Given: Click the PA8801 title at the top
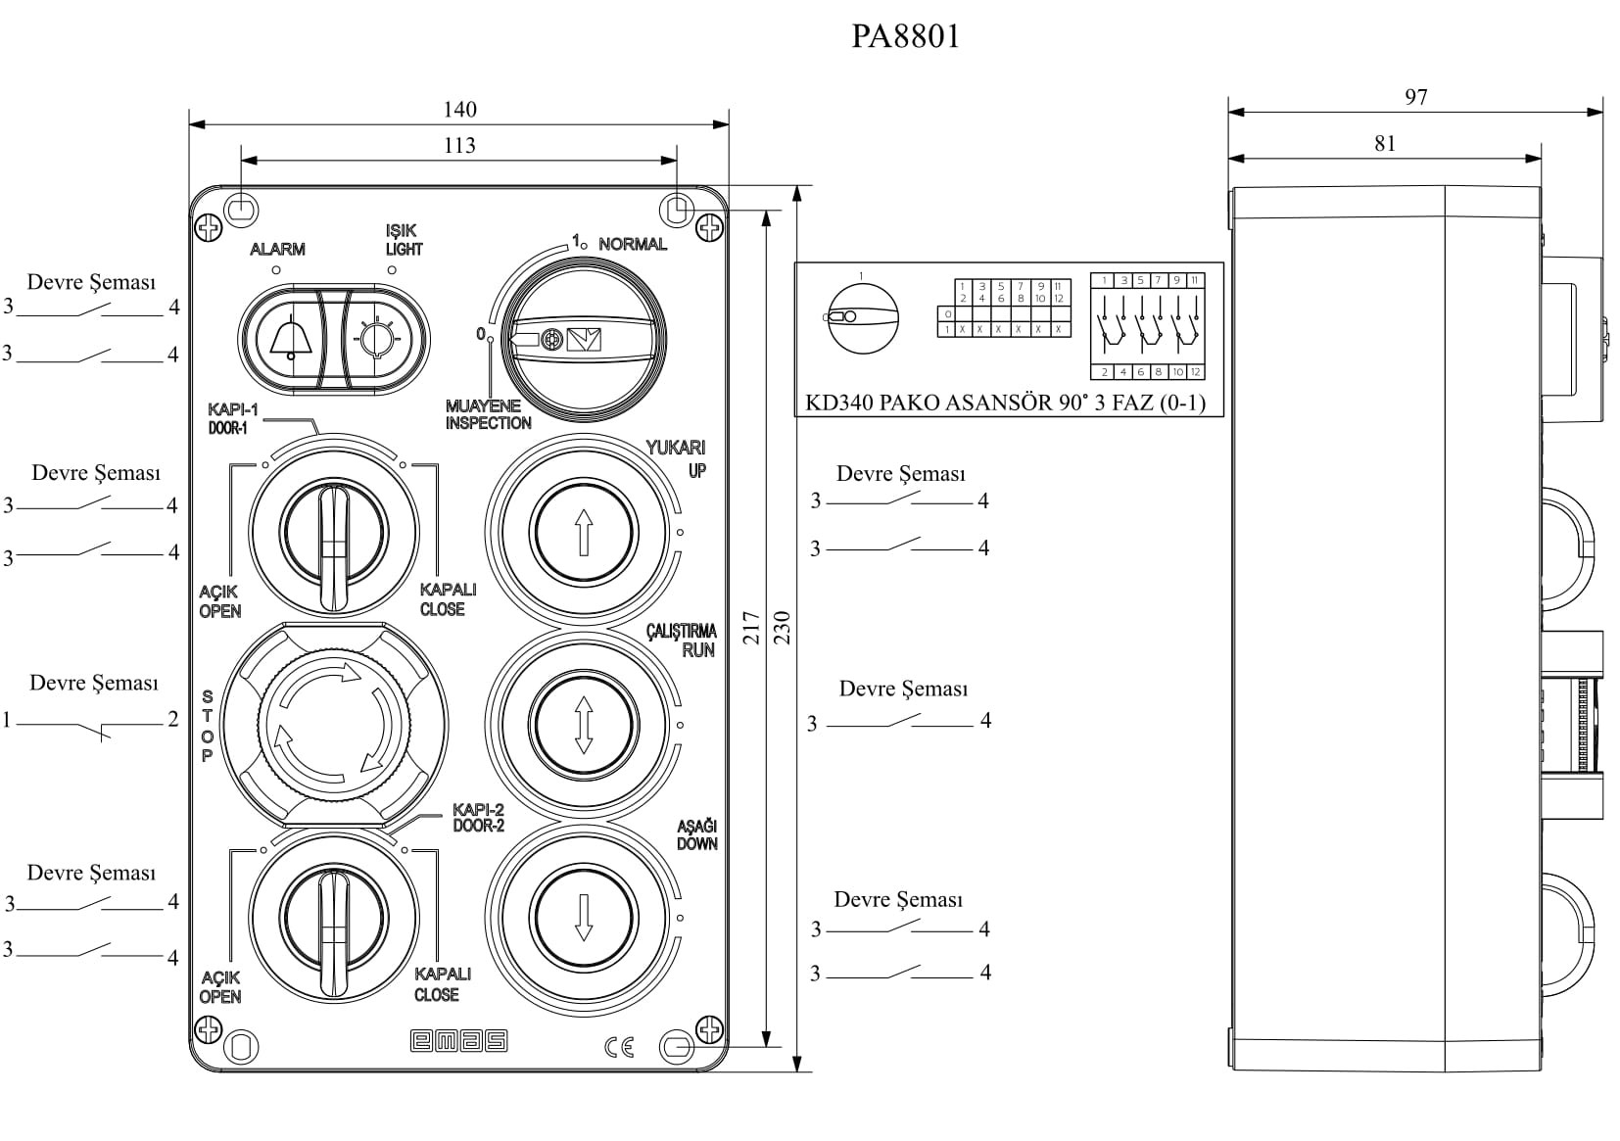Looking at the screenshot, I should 905,36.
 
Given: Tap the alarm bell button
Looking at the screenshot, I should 287,339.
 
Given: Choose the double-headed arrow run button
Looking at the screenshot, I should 584,725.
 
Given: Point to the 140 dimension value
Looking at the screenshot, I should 459,110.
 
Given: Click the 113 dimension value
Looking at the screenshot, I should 459,146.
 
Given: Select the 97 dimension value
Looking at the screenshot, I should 1415,97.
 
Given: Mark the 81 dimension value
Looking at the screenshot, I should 1384,144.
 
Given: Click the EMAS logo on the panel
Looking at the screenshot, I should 458,1042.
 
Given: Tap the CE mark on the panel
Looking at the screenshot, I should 619,1047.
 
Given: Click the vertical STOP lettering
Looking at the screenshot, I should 207,726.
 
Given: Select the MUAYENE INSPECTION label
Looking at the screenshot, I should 488,414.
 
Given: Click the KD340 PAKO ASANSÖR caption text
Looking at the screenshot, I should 1005,403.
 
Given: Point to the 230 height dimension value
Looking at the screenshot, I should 782,628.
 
